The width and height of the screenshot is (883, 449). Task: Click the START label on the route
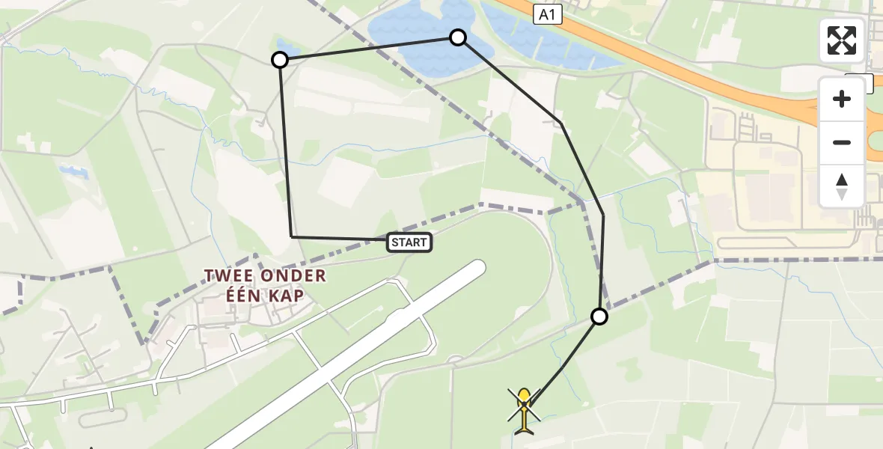(409, 242)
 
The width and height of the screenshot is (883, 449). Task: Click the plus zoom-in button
(842, 99)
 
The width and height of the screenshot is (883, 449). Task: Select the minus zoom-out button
(842, 142)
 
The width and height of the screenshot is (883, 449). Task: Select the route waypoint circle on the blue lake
(458, 37)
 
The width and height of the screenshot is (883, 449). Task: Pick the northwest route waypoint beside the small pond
(280, 60)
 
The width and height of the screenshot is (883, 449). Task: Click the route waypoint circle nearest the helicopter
(599, 317)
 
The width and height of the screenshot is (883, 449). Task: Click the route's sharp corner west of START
(292, 236)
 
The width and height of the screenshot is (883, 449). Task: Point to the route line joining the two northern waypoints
(367, 49)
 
